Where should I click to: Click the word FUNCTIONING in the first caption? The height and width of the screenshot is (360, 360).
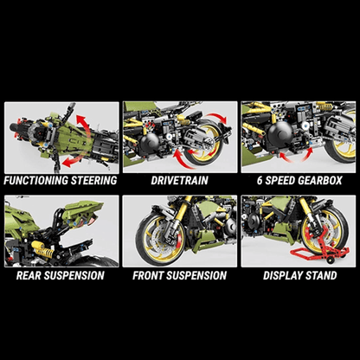[x=36, y=181]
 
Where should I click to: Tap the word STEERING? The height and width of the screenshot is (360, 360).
[x=94, y=181]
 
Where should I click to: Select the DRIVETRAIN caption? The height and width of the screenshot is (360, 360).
[x=179, y=181]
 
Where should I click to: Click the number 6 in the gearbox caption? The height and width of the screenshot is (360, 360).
[x=260, y=181]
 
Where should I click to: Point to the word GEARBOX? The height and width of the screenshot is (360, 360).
[x=320, y=181]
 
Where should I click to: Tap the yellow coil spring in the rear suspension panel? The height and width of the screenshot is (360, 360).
[x=43, y=249]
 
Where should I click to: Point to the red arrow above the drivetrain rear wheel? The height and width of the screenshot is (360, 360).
[x=217, y=118]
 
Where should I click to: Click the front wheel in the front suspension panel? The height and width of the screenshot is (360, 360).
[x=161, y=239]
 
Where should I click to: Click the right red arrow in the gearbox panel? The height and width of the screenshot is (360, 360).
[x=307, y=155]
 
